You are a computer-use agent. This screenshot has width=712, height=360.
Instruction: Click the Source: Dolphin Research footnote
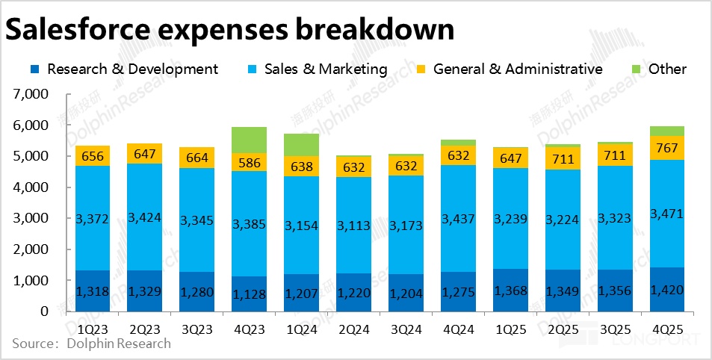click(x=91, y=344)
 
